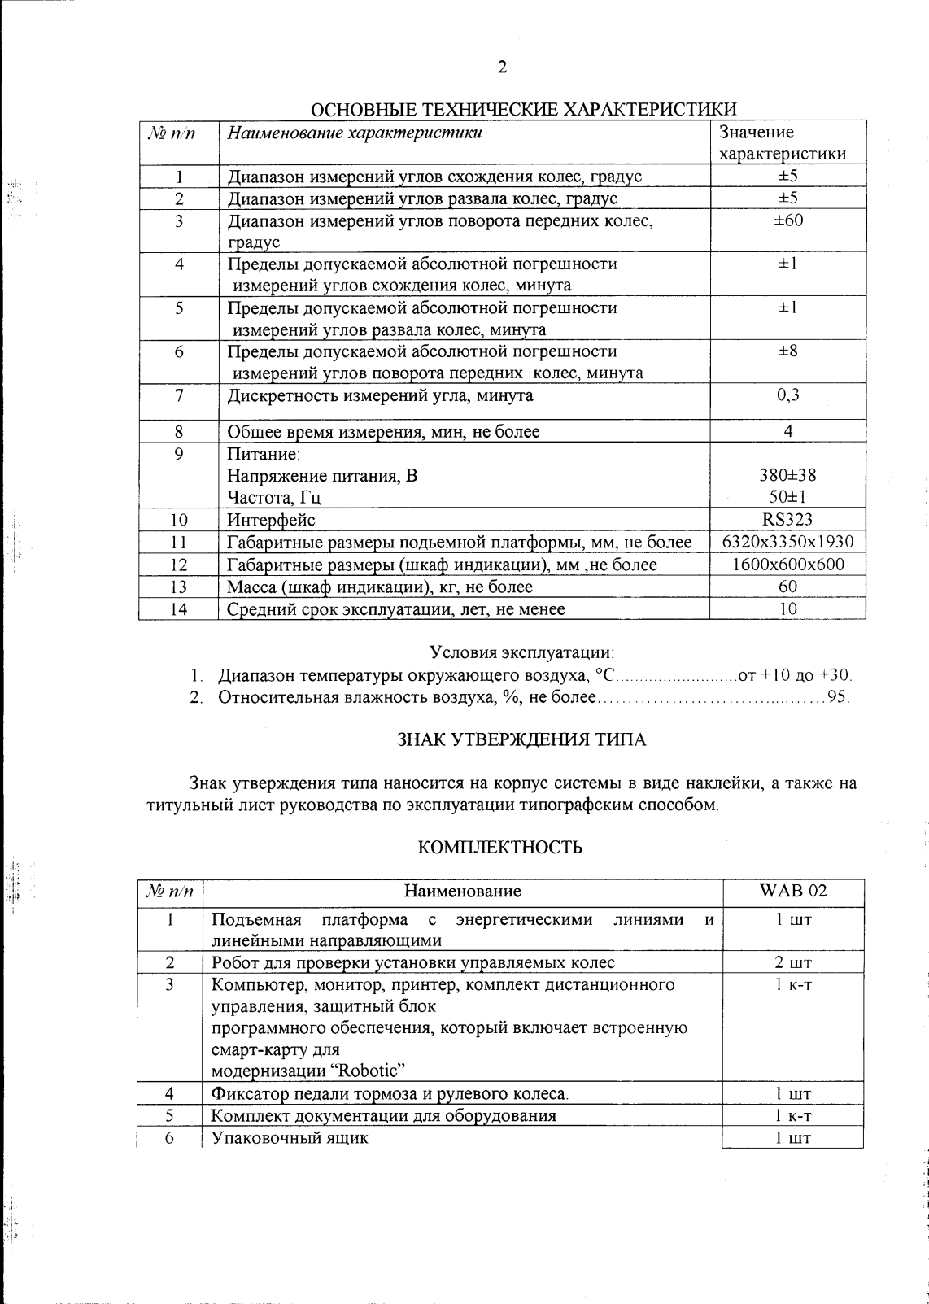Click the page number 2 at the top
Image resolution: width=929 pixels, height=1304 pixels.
502,68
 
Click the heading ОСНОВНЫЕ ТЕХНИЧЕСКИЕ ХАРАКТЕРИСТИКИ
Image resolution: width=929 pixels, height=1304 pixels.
525,110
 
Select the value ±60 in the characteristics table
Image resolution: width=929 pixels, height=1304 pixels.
787,220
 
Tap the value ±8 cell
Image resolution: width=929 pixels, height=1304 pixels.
787,351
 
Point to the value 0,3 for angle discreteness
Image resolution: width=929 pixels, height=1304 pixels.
787,395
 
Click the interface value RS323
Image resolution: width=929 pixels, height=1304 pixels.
787,520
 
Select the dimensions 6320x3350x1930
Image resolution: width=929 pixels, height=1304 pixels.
787,542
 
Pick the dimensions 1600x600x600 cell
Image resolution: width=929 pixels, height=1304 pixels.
787,565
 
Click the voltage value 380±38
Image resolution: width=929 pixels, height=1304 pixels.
787,475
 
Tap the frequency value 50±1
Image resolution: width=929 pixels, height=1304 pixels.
787,497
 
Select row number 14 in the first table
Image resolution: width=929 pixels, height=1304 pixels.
178,609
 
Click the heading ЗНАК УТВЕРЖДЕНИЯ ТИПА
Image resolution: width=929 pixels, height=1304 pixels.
521,739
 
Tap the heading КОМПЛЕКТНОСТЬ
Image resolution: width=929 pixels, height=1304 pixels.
500,848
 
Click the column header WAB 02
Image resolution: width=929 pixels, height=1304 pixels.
792,891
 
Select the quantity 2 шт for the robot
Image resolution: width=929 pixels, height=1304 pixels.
792,963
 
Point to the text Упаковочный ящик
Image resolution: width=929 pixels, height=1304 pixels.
290,1138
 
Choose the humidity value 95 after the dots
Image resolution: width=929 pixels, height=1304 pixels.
837,698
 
